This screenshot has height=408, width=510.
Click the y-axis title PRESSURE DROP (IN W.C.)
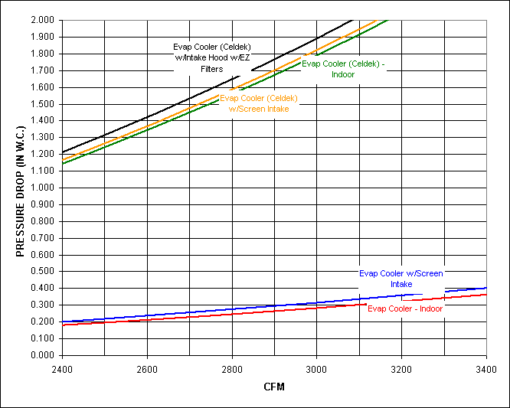[x=21, y=187]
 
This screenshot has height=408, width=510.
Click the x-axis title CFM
[x=273, y=387]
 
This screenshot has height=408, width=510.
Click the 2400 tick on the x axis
[x=62, y=368]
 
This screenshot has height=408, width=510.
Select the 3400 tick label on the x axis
[x=485, y=368]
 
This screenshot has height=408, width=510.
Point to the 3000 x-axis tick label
[x=316, y=368]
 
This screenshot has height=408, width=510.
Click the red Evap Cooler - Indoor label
[x=405, y=308]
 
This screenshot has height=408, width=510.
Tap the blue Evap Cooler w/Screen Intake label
[x=401, y=279]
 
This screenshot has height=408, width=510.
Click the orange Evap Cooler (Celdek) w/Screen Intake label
[x=259, y=103]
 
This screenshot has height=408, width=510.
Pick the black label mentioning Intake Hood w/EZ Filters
[x=211, y=58]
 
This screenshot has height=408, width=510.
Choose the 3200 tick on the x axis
[x=400, y=368]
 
